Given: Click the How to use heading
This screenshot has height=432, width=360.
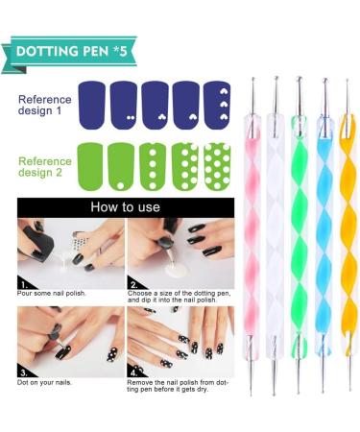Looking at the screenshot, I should point(125,206).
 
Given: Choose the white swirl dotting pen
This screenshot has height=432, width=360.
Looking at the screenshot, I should point(276,230).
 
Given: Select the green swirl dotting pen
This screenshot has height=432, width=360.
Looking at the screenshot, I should point(299,230).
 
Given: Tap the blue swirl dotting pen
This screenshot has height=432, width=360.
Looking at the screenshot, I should point(324,230).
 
